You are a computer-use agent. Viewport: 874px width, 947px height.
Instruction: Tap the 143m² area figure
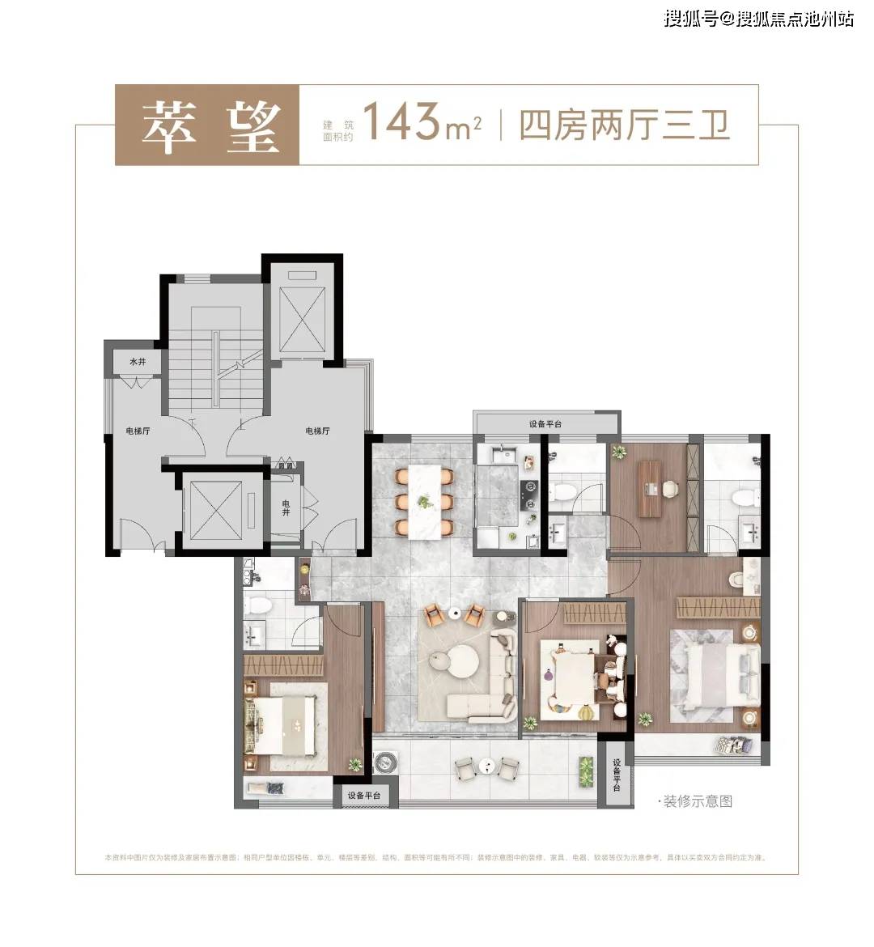(x=421, y=124)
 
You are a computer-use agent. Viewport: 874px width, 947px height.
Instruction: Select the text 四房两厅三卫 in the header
(x=624, y=126)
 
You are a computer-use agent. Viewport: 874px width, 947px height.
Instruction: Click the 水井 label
(x=138, y=362)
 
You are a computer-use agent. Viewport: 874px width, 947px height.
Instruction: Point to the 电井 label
(x=286, y=508)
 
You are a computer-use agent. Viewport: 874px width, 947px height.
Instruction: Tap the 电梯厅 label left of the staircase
(x=138, y=431)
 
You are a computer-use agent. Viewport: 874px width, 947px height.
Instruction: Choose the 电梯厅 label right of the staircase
(x=318, y=431)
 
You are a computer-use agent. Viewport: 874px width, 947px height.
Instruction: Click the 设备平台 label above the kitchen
(x=545, y=424)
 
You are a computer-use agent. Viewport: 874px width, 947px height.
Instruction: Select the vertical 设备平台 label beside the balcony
(x=616, y=775)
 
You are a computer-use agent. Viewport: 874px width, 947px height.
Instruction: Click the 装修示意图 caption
(x=697, y=801)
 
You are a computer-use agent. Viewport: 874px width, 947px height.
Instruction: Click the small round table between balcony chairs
(x=486, y=766)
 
